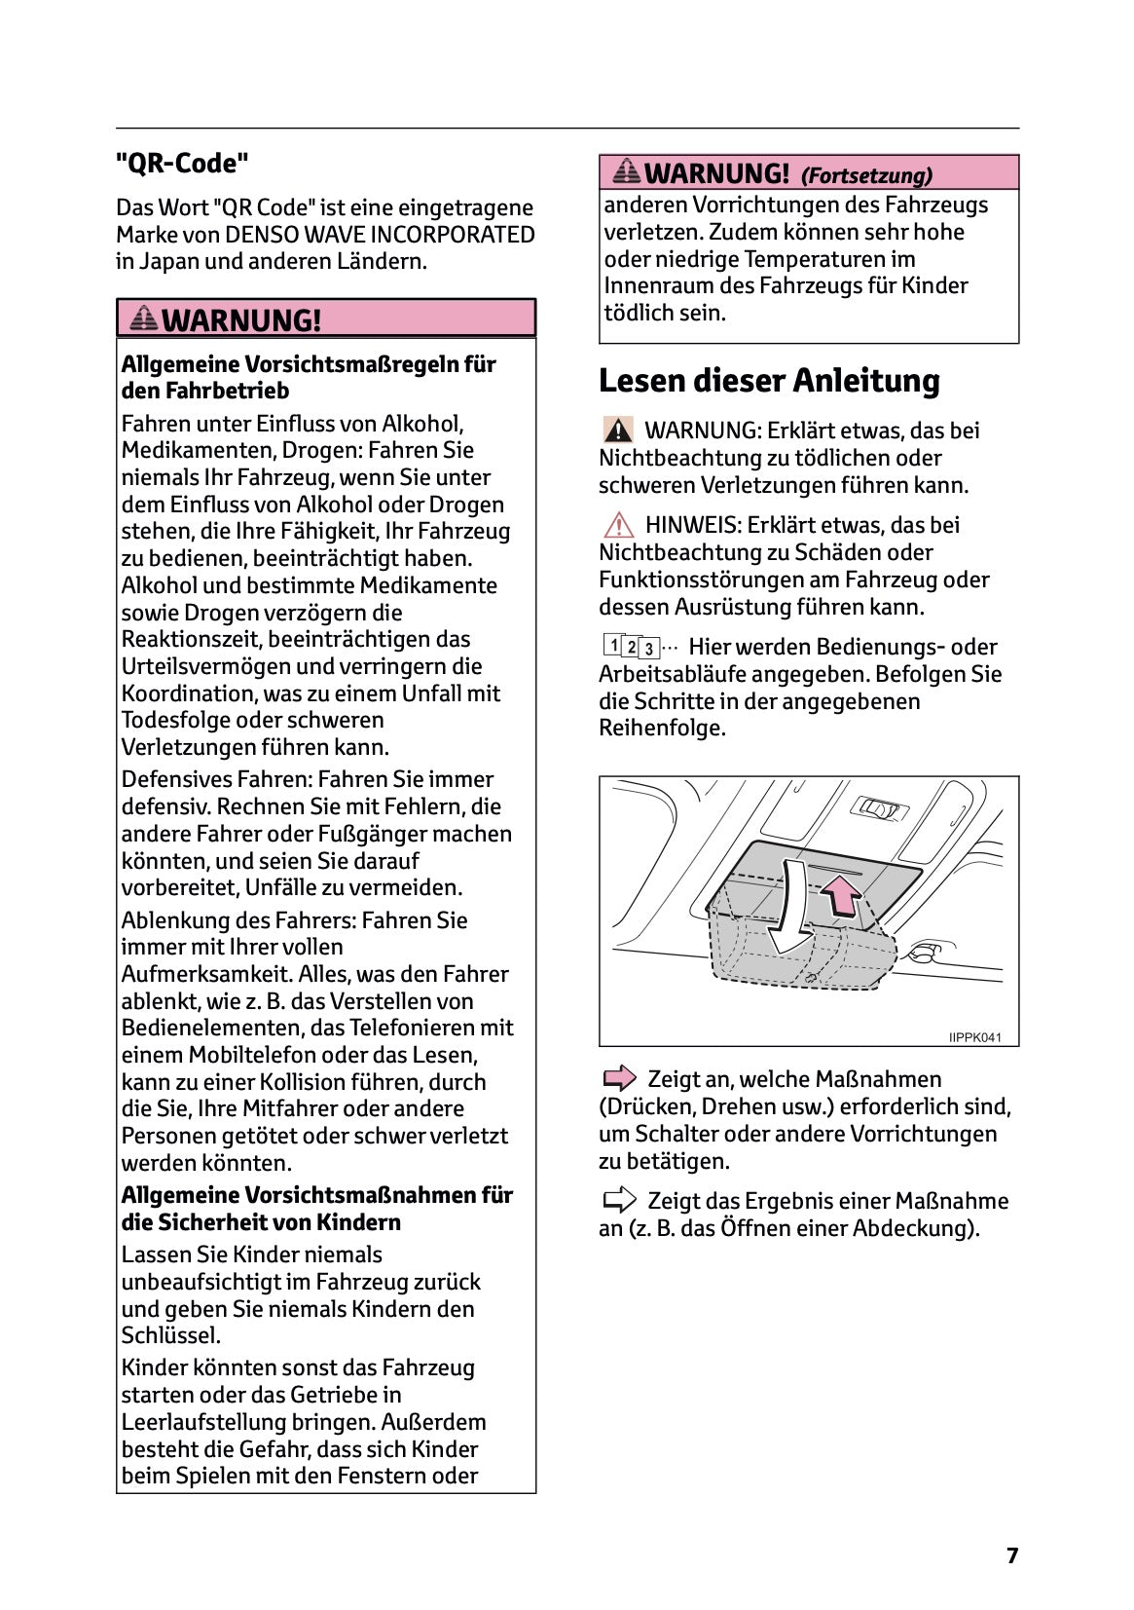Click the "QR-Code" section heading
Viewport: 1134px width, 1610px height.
point(182,164)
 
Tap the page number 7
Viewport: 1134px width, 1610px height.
point(1011,1555)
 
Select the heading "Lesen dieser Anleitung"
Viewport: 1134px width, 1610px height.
point(769,381)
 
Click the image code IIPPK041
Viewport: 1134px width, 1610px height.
point(974,1037)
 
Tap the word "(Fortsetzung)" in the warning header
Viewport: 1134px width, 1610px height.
point(866,176)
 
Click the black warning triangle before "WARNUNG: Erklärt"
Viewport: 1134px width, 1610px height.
point(617,430)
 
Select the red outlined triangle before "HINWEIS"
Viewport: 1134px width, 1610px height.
point(617,525)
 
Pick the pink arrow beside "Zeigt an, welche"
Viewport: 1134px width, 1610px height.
point(619,1078)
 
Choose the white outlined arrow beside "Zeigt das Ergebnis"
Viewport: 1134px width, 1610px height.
point(619,1200)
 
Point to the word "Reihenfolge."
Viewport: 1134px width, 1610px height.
point(662,728)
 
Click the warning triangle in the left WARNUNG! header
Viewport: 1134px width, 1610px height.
point(143,318)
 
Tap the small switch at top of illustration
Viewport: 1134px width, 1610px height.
point(879,807)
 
